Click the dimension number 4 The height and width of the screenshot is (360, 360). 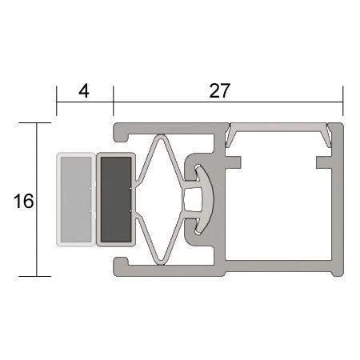(x=84, y=91)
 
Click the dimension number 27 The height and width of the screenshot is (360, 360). (x=219, y=91)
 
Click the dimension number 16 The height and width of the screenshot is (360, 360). (x=23, y=201)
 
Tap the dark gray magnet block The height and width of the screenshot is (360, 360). (x=116, y=199)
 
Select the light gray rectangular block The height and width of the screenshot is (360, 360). (x=76, y=199)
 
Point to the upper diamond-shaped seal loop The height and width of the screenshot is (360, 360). (x=160, y=158)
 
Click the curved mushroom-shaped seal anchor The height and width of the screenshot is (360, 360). (x=206, y=199)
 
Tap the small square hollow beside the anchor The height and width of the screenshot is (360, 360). (x=192, y=199)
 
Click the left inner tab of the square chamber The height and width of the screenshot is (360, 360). (x=233, y=162)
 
